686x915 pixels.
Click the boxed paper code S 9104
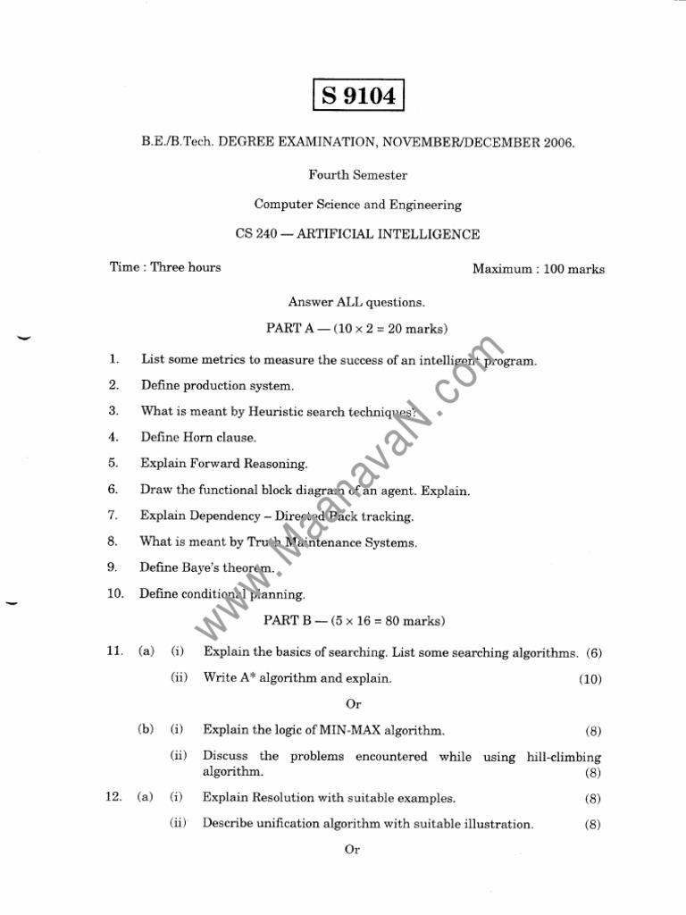tap(359, 95)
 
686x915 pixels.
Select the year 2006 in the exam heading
tap(556, 142)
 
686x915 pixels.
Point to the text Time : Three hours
tap(165, 267)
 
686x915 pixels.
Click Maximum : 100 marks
tap(538, 269)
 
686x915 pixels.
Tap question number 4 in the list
tap(113, 438)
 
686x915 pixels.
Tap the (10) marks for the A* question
tap(590, 679)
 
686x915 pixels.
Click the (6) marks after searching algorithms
tap(594, 653)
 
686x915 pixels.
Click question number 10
tap(115, 593)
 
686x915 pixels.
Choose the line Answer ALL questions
tap(356, 302)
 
